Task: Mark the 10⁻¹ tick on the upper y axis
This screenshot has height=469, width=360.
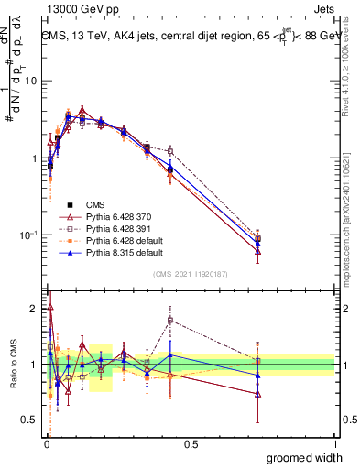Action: click(x=28, y=235)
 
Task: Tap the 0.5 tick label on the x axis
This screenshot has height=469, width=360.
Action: click(x=191, y=444)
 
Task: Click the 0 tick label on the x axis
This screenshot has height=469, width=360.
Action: click(x=46, y=444)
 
